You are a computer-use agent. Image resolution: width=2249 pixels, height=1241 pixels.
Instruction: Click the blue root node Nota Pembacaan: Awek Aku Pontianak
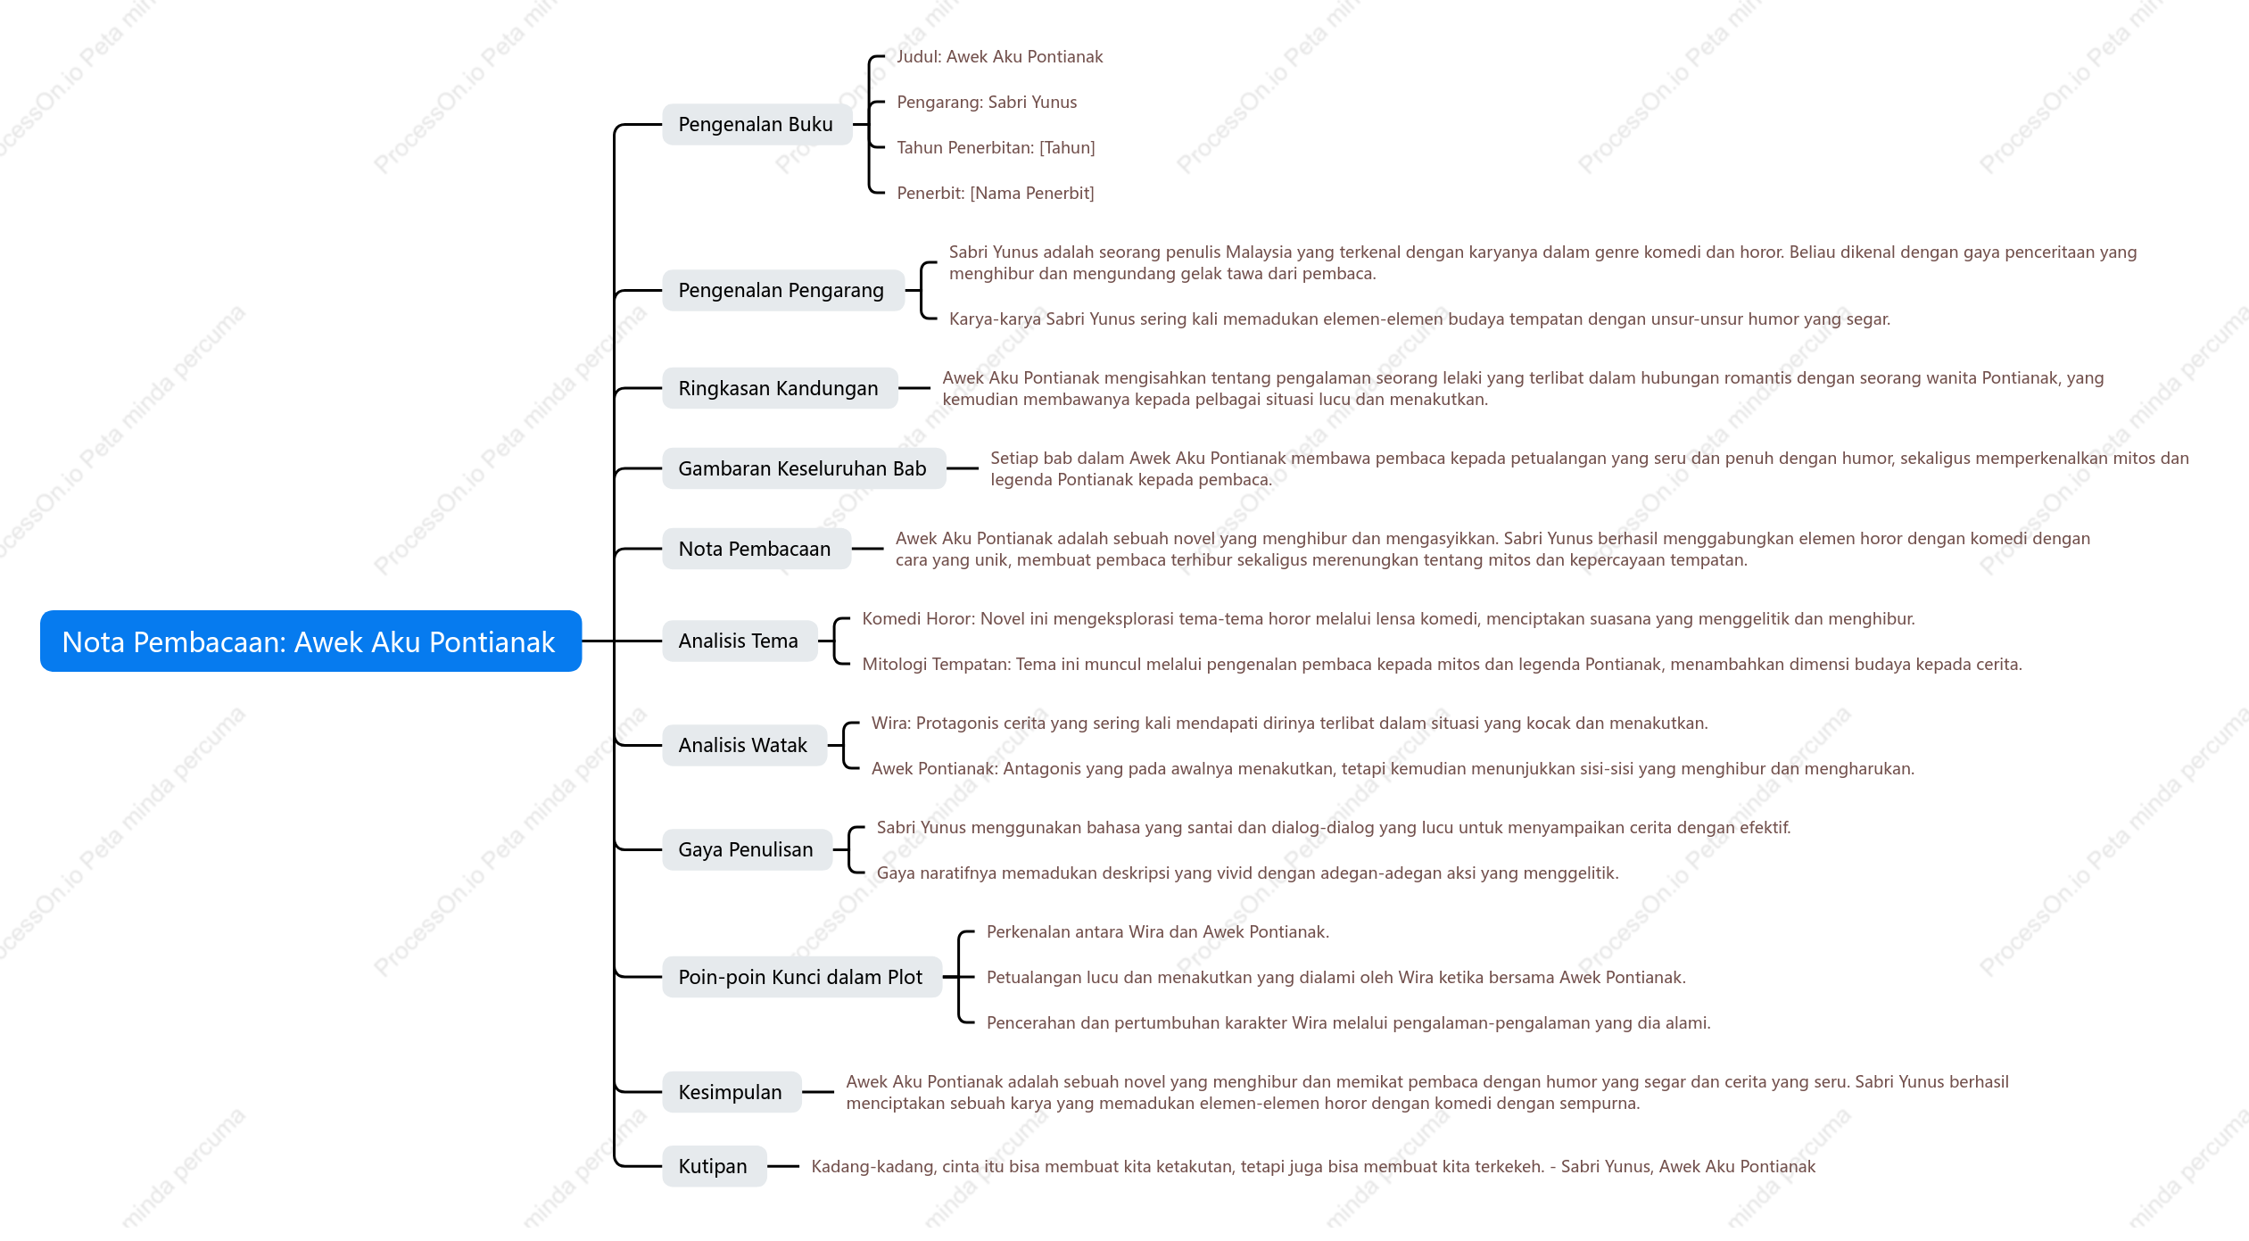(x=310, y=641)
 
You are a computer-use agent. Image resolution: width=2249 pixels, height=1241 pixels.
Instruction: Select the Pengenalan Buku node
(x=757, y=124)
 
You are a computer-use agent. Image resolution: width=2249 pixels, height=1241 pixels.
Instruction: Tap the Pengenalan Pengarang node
(x=782, y=290)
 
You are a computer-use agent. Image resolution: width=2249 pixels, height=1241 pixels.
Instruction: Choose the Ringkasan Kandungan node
(x=779, y=388)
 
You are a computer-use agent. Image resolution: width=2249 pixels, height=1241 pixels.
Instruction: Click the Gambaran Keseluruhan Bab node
(x=803, y=468)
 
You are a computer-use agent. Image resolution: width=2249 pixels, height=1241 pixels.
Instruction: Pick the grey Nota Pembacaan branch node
(x=756, y=549)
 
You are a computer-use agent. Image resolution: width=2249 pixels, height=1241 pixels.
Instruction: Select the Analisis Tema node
(x=739, y=641)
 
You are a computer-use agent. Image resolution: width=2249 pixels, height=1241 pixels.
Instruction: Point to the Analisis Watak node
(x=743, y=745)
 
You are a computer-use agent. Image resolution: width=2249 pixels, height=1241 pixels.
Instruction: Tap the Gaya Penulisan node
(x=747, y=849)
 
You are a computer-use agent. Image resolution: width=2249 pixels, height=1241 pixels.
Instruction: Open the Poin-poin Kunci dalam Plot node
(x=801, y=977)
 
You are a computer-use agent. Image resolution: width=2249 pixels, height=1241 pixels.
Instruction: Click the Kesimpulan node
(x=731, y=1092)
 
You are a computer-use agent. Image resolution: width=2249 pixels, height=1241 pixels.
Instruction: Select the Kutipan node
(x=714, y=1166)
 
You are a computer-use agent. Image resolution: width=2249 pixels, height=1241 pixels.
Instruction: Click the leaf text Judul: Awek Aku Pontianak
(x=1000, y=56)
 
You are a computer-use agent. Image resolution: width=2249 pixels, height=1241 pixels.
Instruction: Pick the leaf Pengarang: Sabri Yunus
(x=987, y=102)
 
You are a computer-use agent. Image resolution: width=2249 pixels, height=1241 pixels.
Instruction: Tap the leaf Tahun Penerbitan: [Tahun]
(x=996, y=147)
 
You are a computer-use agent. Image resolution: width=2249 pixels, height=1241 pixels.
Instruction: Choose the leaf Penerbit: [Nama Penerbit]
(x=996, y=193)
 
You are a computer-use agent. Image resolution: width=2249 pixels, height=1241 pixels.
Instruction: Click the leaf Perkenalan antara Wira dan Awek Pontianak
(x=1158, y=931)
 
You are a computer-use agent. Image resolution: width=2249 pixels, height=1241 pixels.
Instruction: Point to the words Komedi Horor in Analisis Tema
(x=916, y=618)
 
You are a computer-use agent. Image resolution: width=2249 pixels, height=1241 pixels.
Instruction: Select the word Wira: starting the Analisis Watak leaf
(x=891, y=723)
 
